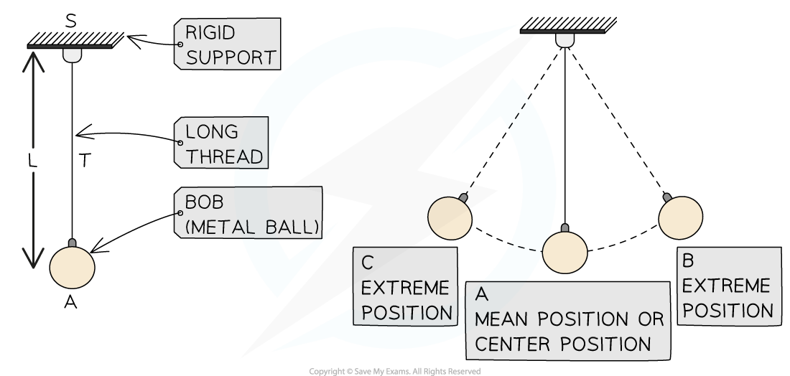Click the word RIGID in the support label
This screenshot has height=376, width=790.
[210, 33]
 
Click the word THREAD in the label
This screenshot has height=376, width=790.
[224, 156]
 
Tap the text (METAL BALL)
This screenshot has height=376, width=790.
[251, 227]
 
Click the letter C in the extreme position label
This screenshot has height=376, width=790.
[368, 263]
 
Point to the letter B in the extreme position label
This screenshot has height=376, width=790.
[689, 260]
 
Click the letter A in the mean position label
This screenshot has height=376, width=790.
[483, 293]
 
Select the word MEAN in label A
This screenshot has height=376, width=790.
[503, 319]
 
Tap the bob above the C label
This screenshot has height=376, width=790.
[450, 217]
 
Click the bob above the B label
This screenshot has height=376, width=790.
[680, 217]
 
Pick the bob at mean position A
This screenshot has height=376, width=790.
[565, 251]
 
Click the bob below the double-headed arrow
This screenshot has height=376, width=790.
[72, 267]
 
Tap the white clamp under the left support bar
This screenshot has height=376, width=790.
[72, 55]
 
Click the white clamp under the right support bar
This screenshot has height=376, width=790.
[565, 39]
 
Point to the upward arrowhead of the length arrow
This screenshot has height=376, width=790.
[32, 62]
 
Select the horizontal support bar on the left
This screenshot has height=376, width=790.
[70, 47]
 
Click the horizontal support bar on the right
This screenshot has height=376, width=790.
[562, 32]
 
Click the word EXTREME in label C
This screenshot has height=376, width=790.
[406, 288]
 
